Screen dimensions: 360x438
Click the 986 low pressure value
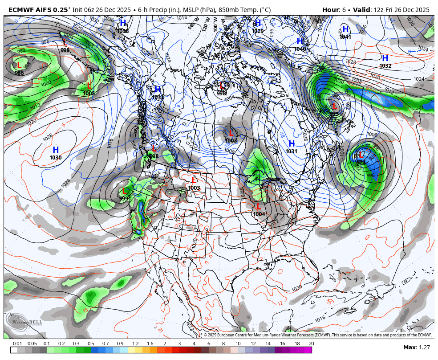[19, 73]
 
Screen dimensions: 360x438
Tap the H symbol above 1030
[56, 150]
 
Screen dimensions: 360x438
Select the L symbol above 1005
[89, 86]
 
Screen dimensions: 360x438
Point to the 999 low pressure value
[124, 199]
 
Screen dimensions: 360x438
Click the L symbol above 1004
[259, 207]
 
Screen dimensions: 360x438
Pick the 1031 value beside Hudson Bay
[292, 151]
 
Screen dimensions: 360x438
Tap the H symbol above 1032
[385, 58]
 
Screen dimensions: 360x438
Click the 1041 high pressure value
[345, 37]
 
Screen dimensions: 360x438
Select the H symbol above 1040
[300, 41]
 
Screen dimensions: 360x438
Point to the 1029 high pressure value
[258, 31]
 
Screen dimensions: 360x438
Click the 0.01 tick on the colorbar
[17, 344]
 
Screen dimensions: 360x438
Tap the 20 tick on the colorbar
[311, 344]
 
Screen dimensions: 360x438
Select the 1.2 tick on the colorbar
[135, 344]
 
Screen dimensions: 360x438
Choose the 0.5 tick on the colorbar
[91, 344]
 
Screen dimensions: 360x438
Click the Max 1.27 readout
[417, 348]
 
